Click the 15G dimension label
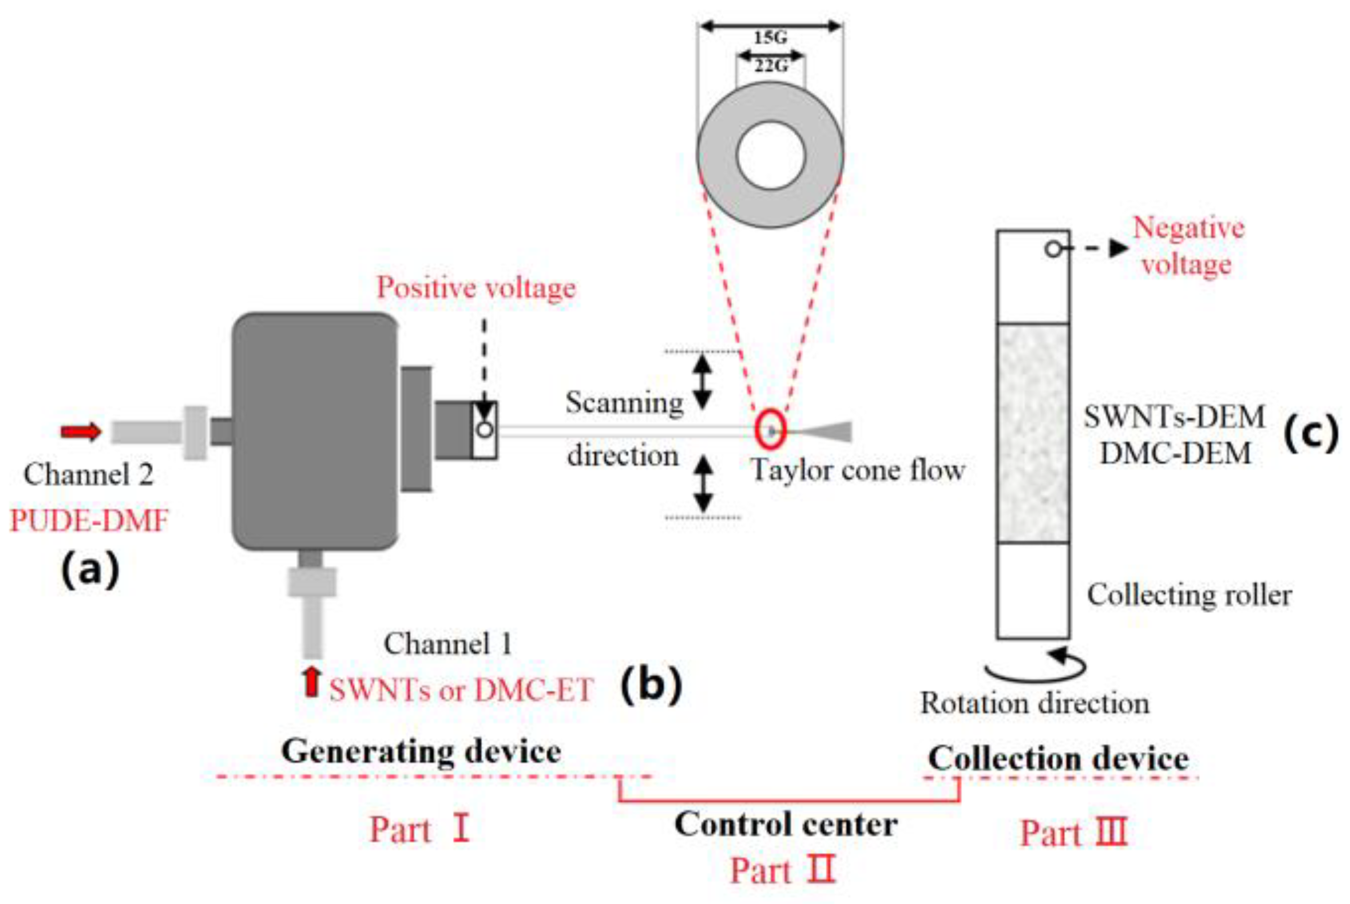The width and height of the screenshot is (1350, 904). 770,38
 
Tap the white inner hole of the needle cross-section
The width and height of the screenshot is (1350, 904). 771,155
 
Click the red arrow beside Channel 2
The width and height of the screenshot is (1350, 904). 81,431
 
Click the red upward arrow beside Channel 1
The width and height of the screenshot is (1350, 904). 312,681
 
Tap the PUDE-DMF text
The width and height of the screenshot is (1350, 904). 90,521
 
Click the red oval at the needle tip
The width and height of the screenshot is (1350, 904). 770,429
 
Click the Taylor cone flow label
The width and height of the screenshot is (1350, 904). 858,470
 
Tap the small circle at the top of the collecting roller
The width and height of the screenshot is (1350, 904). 1053,250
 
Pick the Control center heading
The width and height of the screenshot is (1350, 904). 786,824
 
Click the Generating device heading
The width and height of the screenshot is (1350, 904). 421,752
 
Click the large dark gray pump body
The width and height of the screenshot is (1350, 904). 315,431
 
